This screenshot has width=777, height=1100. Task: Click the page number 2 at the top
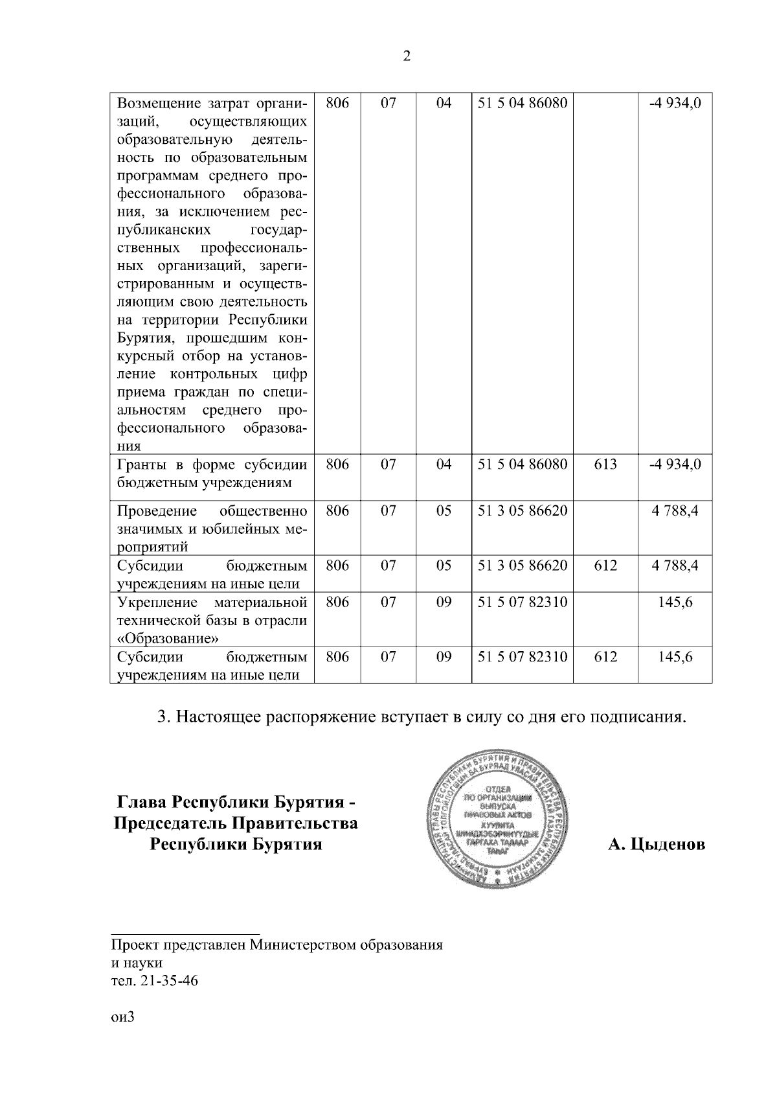coord(406,56)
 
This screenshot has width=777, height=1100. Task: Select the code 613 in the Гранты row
coord(605,464)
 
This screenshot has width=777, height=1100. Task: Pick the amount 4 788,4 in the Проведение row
coord(675,511)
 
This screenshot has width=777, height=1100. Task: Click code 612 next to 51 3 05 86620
coord(605,566)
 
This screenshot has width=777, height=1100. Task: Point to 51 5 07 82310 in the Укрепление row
coord(523,602)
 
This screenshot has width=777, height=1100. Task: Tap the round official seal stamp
coord(498,821)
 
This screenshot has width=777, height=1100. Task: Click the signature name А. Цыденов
coord(656,845)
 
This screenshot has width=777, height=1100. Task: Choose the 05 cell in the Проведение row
coord(444,511)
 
